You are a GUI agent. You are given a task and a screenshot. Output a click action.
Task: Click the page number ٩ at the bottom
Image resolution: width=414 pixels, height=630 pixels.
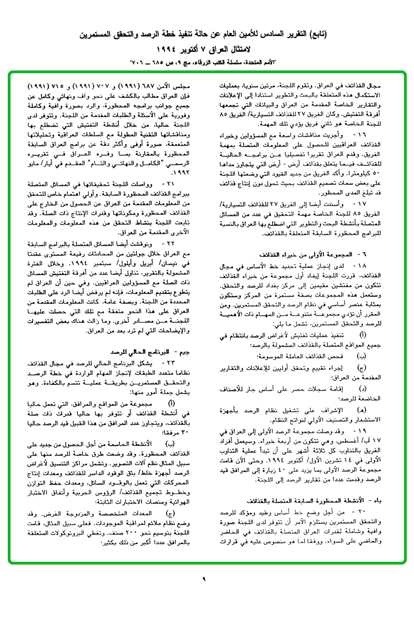[204, 579]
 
